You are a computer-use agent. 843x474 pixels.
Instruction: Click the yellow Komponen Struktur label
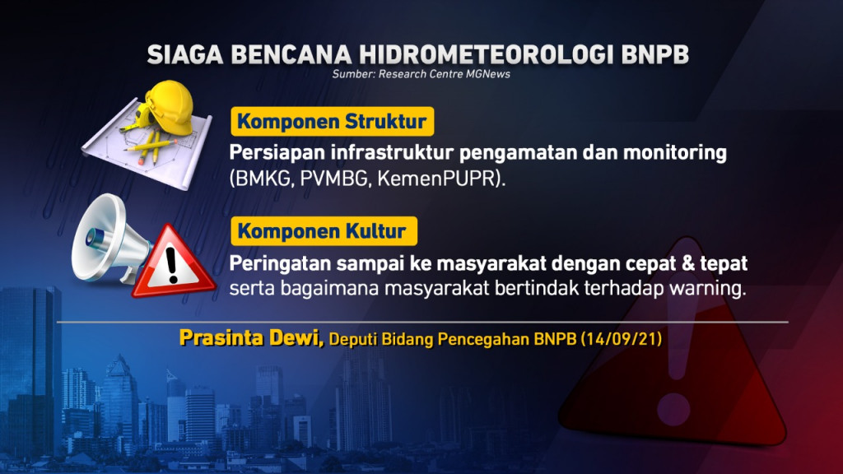(x=332, y=123)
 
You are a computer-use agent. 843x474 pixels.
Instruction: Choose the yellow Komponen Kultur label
(x=322, y=231)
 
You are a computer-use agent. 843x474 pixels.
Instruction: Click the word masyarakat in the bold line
(x=494, y=264)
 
